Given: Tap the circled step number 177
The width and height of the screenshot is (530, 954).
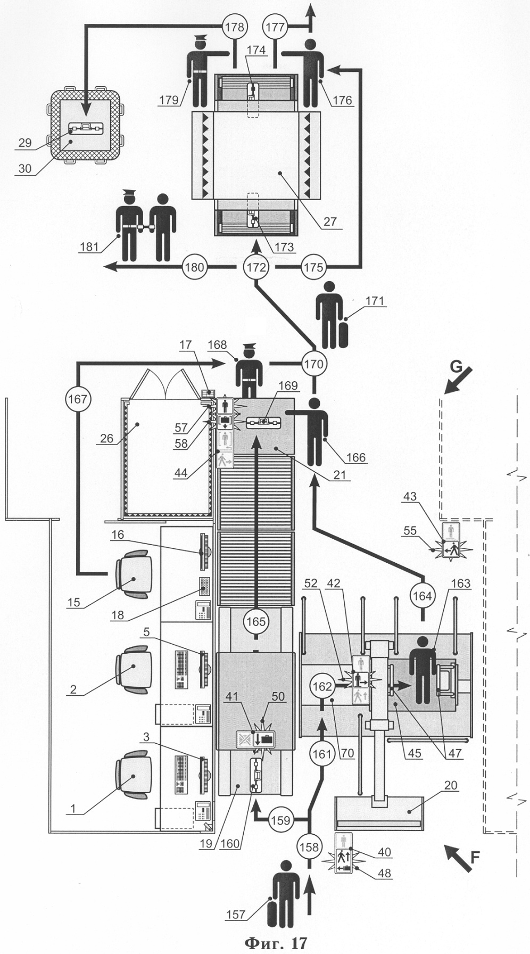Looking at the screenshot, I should [x=276, y=26].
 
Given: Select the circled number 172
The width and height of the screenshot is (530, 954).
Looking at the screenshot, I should [x=256, y=267].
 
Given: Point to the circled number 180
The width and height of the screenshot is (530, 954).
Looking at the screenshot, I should [x=195, y=267].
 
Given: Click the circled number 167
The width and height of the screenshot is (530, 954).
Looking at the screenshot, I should [x=78, y=399].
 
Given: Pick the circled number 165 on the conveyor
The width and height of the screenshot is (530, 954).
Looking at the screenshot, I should [x=256, y=621].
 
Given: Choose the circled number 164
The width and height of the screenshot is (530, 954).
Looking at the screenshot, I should [x=423, y=596].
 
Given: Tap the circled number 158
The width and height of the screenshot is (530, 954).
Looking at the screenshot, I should [x=309, y=846].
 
